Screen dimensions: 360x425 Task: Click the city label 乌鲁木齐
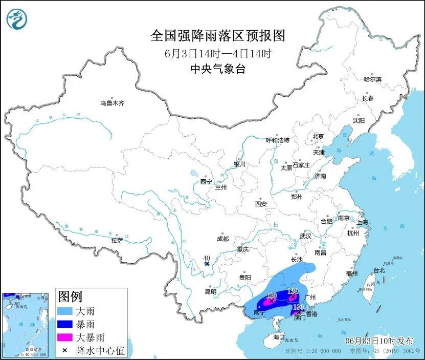[x=112, y=103]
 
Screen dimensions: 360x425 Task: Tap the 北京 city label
[x=318, y=136]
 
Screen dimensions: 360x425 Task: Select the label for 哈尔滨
[x=373, y=79]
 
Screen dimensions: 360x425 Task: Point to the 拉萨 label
[x=117, y=240]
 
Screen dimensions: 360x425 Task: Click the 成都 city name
[x=222, y=239]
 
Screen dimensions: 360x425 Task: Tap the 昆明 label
[x=210, y=291]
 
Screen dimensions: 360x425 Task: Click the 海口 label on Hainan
[x=279, y=337]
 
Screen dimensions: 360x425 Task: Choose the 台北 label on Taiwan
[x=378, y=270]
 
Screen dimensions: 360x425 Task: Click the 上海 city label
[x=362, y=222]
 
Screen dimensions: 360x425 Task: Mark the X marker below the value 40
[x=207, y=264]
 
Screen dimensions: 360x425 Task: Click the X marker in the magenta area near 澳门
[x=299, y=311]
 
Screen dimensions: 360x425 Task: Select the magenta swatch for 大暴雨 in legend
[x=65, y=337]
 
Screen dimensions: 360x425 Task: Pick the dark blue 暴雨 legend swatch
[x=65, y=324]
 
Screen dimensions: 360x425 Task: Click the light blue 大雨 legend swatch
[x=65, y=311]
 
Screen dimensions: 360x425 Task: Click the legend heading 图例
[x=70, y=297]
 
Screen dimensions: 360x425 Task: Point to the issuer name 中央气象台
[x=217, y=69]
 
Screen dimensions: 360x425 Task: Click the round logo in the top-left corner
[x=16, y=19]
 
